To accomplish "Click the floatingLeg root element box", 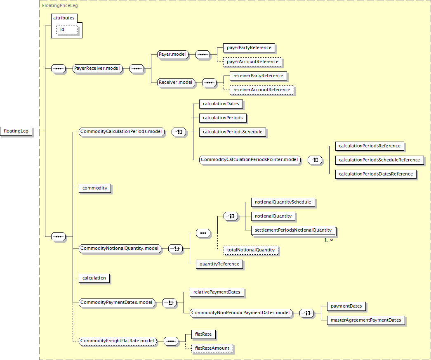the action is tap(16, 131).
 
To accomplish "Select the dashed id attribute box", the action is tap(67, 30).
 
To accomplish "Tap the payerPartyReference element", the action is tap(249, 47).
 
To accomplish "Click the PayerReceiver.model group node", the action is tap(97, 69).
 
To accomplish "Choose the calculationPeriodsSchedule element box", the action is tap(233, 132).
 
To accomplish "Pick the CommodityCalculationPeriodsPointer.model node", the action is tap(250, 160).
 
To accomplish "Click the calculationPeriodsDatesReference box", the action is tap(376, 174).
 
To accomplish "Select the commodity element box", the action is tap(95, 188).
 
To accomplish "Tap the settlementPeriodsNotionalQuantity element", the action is tap(293, 230).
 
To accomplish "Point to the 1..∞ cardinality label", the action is tap(329, 240).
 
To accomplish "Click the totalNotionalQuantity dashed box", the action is tap(251, 250).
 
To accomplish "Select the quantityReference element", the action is tap(219, 264).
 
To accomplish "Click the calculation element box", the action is tap(94, 278).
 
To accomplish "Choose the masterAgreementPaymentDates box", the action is tap(366, 320).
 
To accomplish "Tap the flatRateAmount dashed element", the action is tap(212, 348).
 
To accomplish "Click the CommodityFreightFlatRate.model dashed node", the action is tap(118, 341).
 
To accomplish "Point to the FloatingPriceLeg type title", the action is tap(60, 5).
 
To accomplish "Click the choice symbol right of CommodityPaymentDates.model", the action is tap(169, 303).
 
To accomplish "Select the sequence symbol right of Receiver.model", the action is tap(209, 83).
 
